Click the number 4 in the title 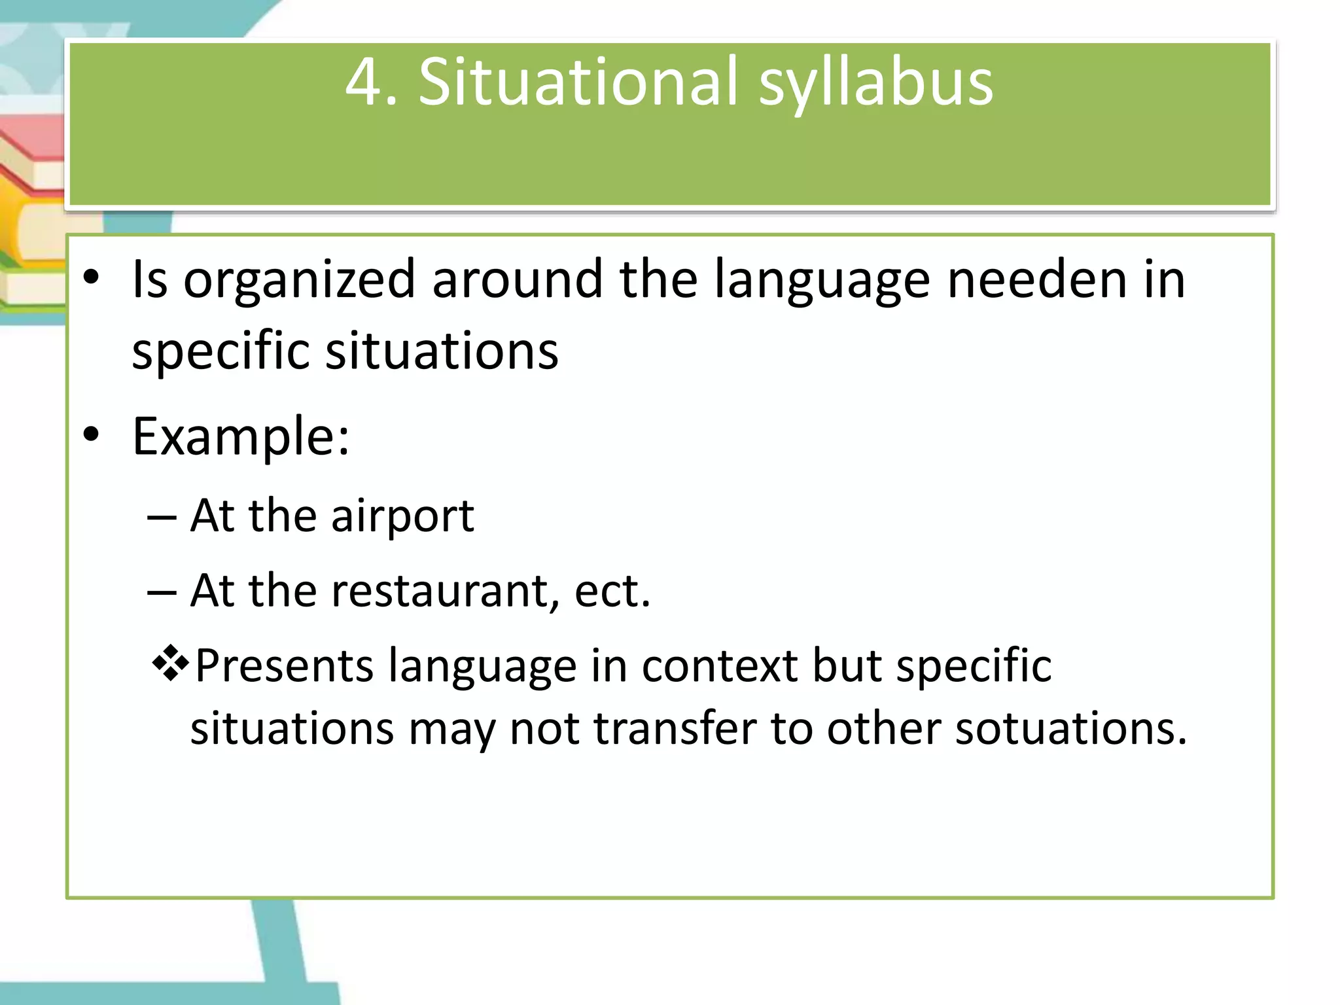(x=362, y=82)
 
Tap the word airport (x=402, y=517)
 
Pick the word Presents (x=284, y=666)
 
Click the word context (x=720, y=666)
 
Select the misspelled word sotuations (x=1070, y=729)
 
